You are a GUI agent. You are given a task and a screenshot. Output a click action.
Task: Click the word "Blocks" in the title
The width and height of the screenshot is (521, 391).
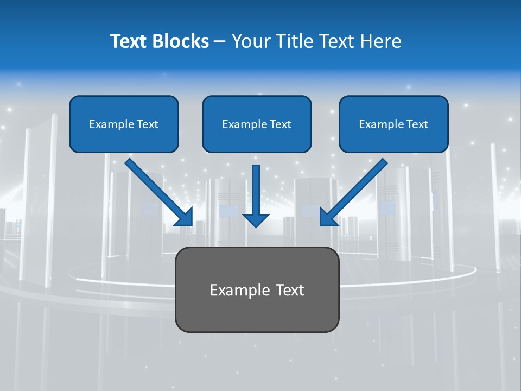182,41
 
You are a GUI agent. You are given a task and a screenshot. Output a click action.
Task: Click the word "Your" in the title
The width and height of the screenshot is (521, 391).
249,41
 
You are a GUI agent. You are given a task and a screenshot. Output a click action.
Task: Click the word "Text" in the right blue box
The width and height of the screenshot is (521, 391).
416,124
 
